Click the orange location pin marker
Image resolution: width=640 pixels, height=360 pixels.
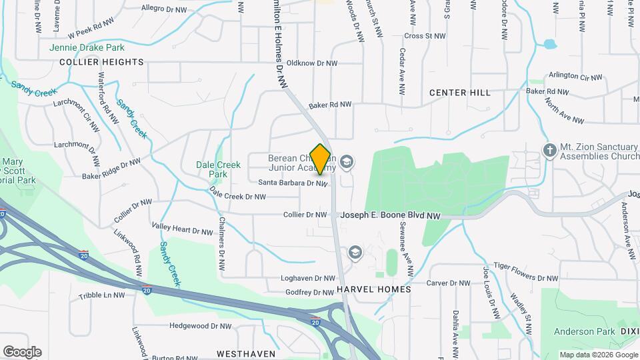(321, 159)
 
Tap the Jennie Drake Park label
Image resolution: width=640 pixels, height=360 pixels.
(87, 48)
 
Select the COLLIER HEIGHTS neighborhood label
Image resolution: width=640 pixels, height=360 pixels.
(101, 62)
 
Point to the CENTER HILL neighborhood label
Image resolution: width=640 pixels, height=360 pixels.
(460, 93)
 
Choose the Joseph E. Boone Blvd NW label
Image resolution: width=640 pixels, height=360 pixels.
(391, 216)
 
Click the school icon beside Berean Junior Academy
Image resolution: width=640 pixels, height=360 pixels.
(346, 161)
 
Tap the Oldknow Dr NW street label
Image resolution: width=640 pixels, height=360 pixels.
(312, 63)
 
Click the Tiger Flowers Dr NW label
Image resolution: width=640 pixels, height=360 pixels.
(530, 278)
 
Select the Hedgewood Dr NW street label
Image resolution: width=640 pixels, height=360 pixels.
(200, 326)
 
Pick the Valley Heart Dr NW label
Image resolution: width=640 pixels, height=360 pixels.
(183, 229)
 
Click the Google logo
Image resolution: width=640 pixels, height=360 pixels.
(22, 352)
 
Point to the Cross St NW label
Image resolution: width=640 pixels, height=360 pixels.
(425, 35)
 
